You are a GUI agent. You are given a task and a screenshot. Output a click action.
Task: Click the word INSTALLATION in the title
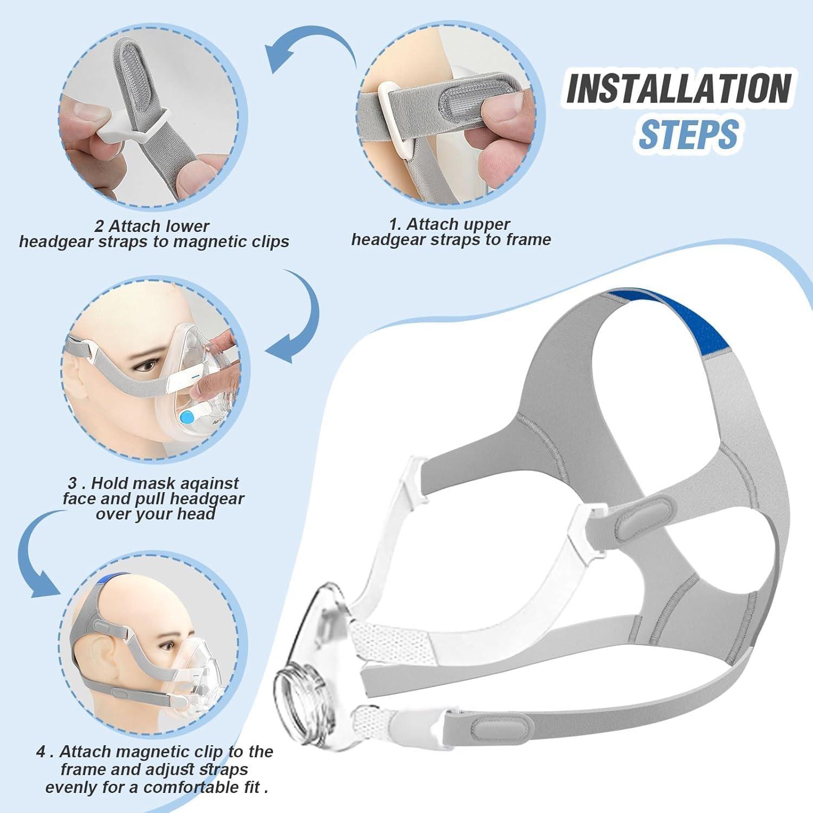click(x=679, y=88)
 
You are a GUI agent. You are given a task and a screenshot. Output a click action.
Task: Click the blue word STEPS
click(x=688, y=134)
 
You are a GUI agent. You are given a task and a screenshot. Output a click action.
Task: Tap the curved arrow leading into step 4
click(x=38, y=547)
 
